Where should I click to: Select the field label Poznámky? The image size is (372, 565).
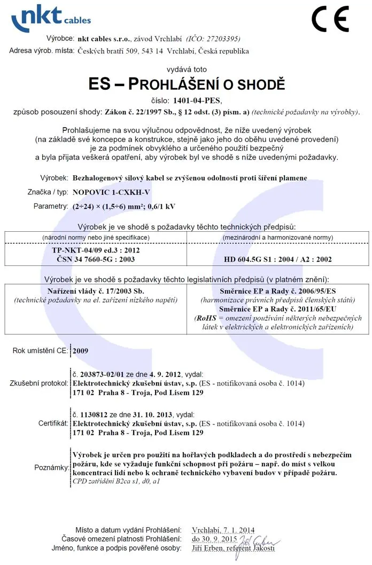coord(50,468)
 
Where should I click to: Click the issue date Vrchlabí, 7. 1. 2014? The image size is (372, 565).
coord(223,530)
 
